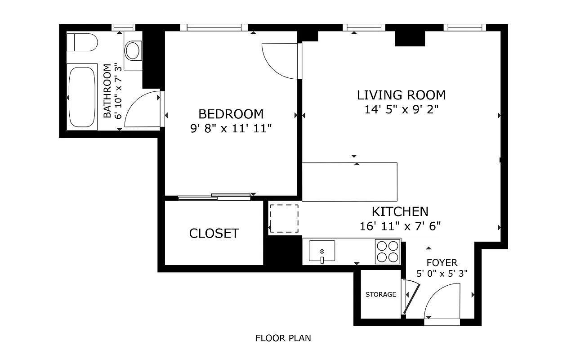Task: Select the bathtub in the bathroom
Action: click(x=81, y=97)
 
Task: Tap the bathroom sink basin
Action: click(x=133, y=50)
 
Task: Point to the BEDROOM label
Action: click(x=231, y=114)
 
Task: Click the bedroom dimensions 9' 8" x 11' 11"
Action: click(x=231, y=129)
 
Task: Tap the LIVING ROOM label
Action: click(x=401, y=95)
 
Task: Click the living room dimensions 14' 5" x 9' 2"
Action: click(x=401, y=109)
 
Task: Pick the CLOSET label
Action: click(x=214, y=234)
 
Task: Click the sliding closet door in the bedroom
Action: click(x=214, y=196)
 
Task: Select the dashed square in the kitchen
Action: click(x=284, y=219)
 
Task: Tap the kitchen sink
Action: click(x=322, y=252)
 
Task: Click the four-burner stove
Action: click(x=388, y=252)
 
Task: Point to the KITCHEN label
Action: click(x=400, y=211)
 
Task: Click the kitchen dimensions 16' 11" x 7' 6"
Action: click(x=400, y=226)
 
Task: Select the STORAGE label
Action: click(x=381, y=294)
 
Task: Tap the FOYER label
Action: click(x=442, y=263)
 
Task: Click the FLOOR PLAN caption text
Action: click(x=283, y=338)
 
